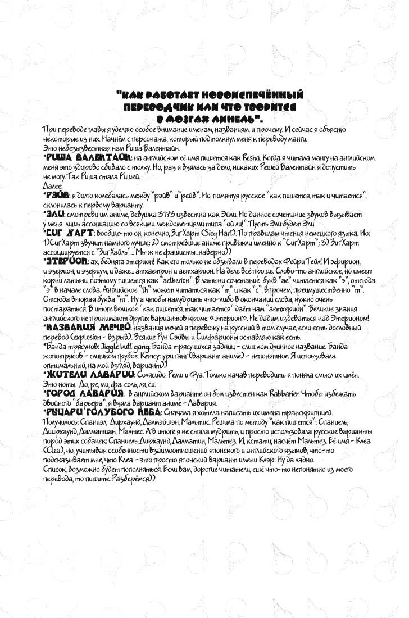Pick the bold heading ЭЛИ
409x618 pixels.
54,215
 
